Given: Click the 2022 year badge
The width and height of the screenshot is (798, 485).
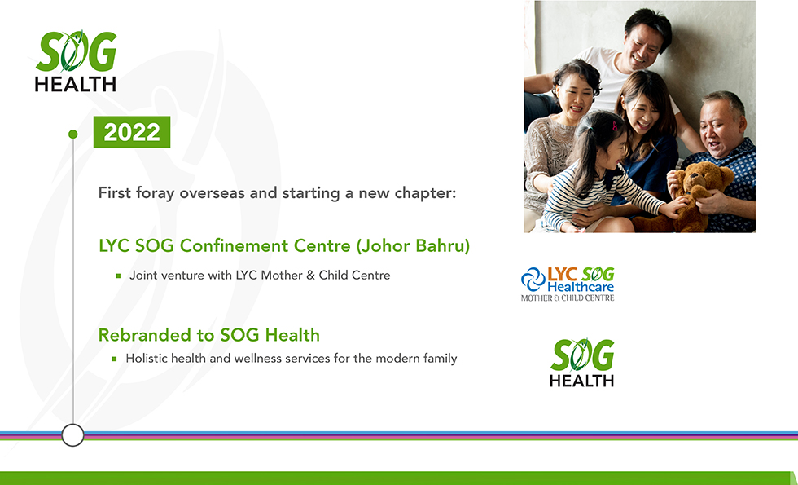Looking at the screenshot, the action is coord(132,132).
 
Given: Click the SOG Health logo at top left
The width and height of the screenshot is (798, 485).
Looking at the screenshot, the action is coord(76,61).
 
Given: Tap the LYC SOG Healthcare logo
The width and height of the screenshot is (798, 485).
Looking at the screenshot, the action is coord(568,284).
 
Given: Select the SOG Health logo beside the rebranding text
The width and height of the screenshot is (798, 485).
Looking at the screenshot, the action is coord(581,362).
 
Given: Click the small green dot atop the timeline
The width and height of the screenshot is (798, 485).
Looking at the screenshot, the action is coord(72,134).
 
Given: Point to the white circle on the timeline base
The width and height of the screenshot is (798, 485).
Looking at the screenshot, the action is coord(72,435).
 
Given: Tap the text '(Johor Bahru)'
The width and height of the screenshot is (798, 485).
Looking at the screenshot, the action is coord(413,246).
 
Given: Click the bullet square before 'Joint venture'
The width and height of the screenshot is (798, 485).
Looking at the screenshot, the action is coord(118,276).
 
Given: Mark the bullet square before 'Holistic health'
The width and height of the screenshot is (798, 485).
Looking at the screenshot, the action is coord(114,359).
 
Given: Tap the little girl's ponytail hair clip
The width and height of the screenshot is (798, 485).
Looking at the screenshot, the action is coord(615,126).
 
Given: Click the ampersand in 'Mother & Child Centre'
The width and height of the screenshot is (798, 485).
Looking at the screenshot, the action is coord(310,276).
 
